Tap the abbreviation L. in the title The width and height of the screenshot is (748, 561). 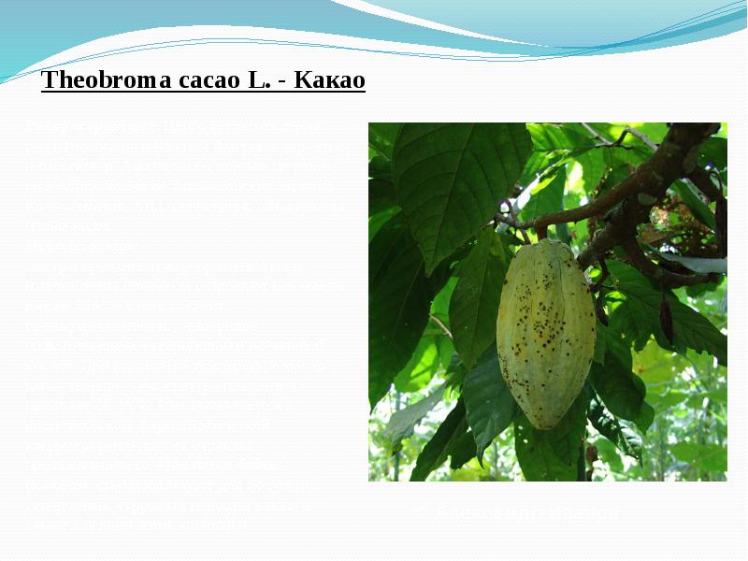[259, 80]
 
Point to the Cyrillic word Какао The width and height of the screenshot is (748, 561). [329, 80]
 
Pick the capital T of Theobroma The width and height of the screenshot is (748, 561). [49, 80]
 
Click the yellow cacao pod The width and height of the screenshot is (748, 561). [545, 332]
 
